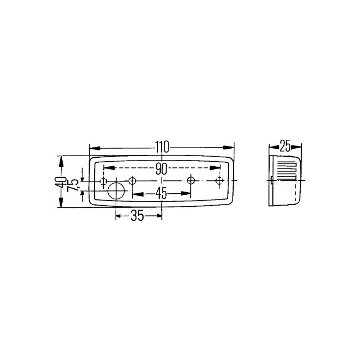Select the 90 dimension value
[162, 168]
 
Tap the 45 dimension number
[161, 194]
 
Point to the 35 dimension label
[137, 216]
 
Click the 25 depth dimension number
[285, 146]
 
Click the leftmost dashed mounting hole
[103, 180]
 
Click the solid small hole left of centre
[132, 180]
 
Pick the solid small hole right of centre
[191, 180]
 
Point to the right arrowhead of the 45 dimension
[186, 194]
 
